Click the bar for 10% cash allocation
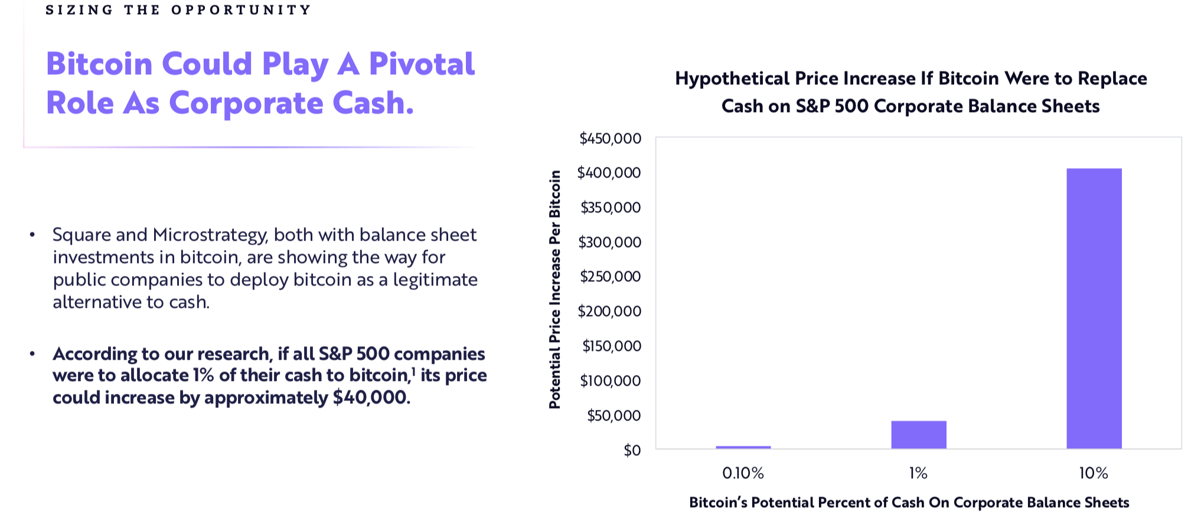coord(1094,308)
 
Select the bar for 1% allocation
coord(919,435)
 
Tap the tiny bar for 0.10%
coord(743,447)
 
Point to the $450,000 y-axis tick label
coord(610,139)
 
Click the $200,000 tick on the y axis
coord(609,311)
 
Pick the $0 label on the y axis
coord(632,451)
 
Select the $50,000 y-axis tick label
coord(613,416)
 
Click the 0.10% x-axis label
coord(743,473)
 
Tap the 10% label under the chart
coord(1094,473)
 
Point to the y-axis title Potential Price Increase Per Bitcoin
coord(554,290)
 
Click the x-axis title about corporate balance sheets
coord(909,502)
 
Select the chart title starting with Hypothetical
coord(911,92)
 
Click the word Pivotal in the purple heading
coord(422,64)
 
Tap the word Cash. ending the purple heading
coord(373,103)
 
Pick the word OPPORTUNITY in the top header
coord(241,10)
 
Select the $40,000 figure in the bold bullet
coord(371,397)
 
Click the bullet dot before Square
coord(32,235)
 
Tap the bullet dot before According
coord(32,354)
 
